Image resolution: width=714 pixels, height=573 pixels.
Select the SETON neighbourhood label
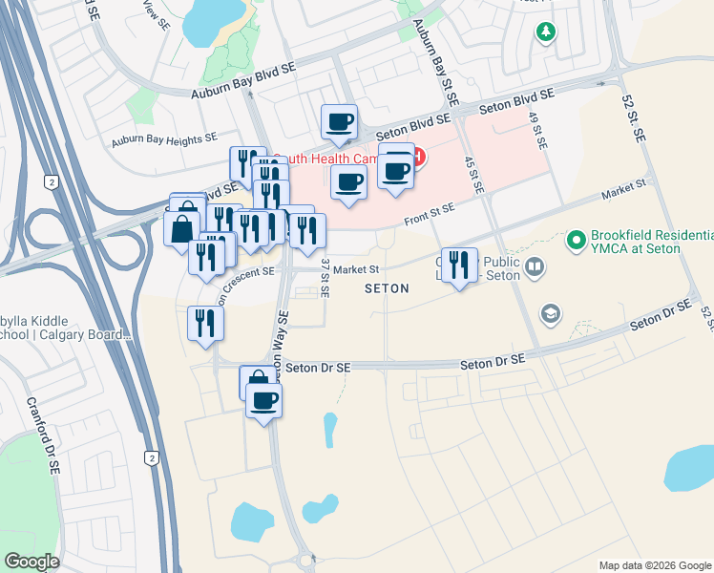point(387,288)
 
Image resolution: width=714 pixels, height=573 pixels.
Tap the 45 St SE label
point(473,176)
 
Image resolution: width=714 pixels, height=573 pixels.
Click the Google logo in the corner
point(31,562)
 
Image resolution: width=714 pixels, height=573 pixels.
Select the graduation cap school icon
point(550,312)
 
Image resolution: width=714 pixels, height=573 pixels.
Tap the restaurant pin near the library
point(459,265)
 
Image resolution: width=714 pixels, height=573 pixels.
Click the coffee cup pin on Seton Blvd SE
point(339,122)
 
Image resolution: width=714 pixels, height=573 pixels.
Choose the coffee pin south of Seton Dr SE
point(263,399)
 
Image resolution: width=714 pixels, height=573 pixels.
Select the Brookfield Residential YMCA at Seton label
point(650,242)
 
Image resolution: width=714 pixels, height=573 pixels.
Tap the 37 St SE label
point(325,278)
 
